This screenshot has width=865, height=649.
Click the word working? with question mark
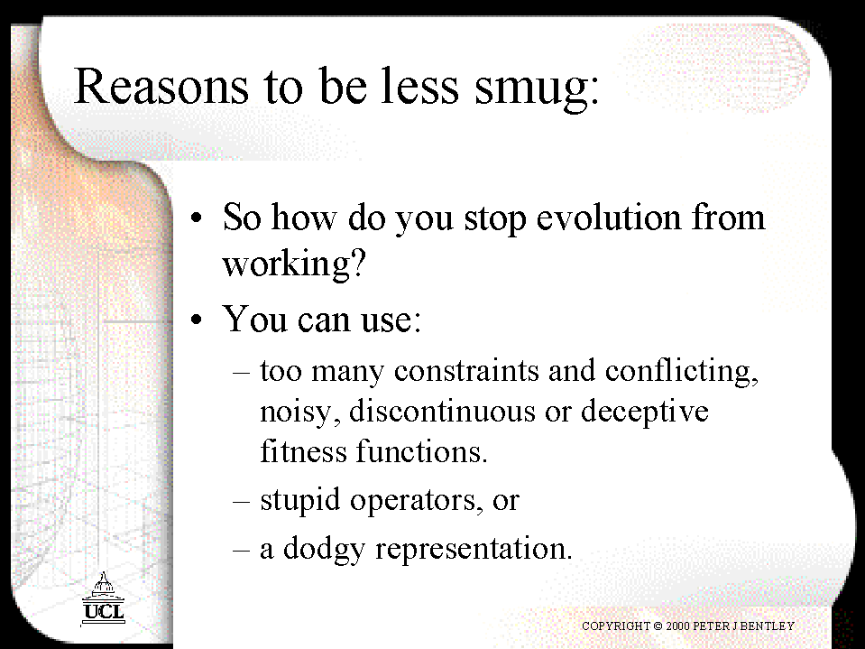click(294, 264)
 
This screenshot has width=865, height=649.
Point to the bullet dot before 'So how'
click(197, 218)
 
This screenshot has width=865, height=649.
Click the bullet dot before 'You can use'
click(197, 320)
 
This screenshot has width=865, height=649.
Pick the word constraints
click(466, 370)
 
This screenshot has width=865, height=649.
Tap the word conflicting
click(682, 371)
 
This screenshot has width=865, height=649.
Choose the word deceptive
click(644, 413)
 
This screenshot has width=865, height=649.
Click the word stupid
click(300, 500)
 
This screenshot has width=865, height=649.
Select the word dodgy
click(324, 549)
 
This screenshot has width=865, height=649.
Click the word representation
click(474, 550)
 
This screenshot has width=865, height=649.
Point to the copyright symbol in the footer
click(658, 626)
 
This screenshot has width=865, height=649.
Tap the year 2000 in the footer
click(677, 626)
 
